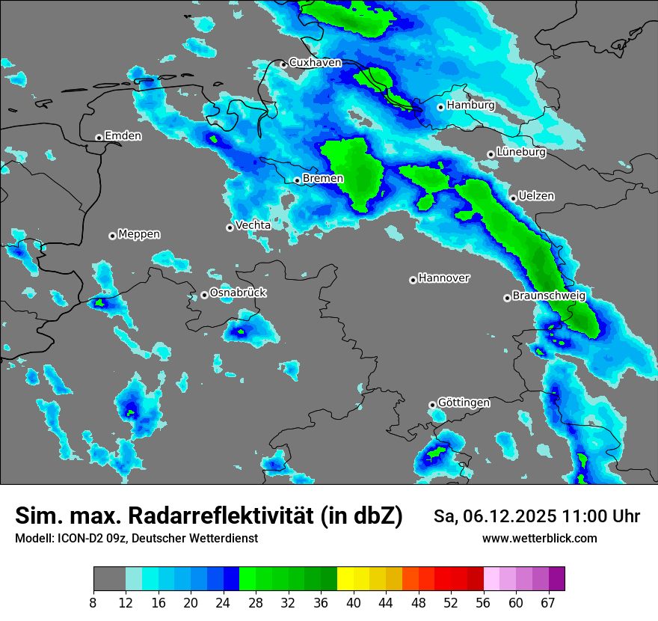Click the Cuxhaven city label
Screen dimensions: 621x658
click(x=315, y=63)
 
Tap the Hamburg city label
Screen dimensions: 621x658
click(x=470, y=105)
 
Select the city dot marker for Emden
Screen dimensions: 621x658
click(x=99, y=138)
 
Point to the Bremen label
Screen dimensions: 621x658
click(x=323, y=179)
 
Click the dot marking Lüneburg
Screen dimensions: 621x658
click(x=491, y=154)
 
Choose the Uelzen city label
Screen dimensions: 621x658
click(x=536, y=196)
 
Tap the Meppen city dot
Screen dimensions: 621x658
click(x=112, y=236)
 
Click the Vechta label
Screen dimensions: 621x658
click(x=253, y=225)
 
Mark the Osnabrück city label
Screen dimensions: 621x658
click(x=238, y=293)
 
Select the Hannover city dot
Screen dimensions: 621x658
click(x=413, y=280)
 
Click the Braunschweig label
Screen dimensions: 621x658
click(x=549, y=296)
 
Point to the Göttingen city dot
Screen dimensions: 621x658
click(x=432, y=405)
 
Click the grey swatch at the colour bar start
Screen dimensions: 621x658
click(x=109, y=579)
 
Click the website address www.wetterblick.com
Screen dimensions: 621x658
click(x=539, y=539)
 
